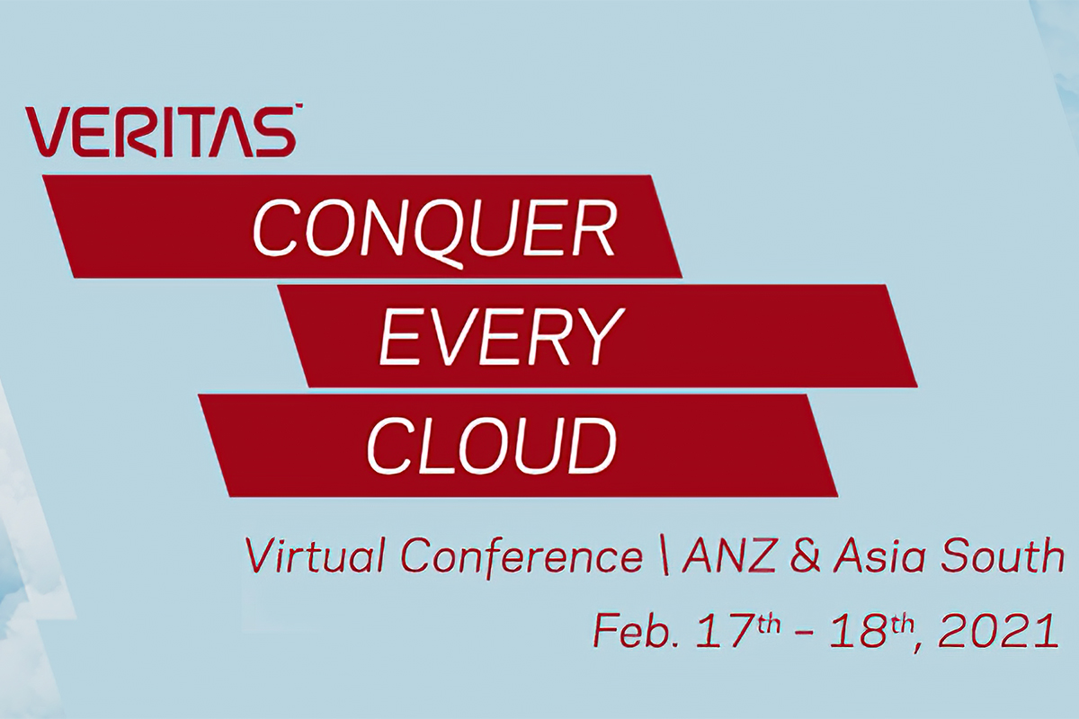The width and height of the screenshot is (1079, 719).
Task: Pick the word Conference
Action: [x=522, y=558]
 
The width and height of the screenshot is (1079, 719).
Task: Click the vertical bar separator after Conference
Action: [x=664, y=559]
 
